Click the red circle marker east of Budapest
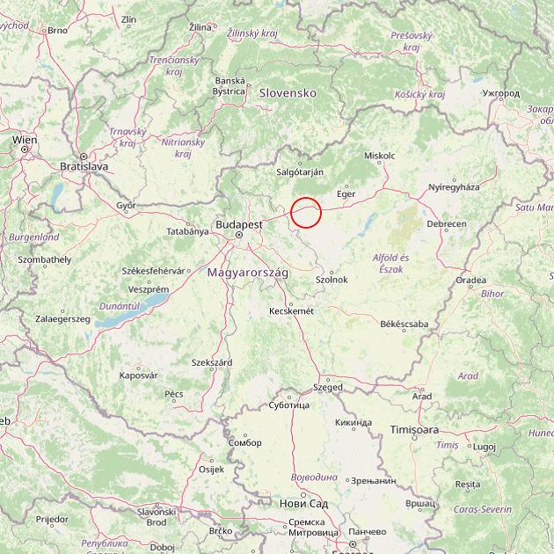[306, 212]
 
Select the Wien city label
[25, 140]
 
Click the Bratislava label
[84, 165]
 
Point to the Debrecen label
[447, 224]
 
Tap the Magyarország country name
[248, 273]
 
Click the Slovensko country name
[288, 92]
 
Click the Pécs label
[174, 394]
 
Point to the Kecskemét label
[292, 311]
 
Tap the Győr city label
[127, 205]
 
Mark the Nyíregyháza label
[454, 186]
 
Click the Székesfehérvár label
[171, 271]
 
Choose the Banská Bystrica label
[230, 85]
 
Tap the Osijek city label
[212, 470]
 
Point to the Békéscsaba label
[405, 324]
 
